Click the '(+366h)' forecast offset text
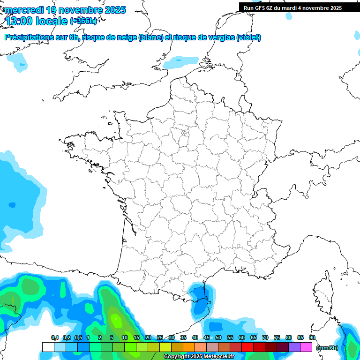tap(83, 21)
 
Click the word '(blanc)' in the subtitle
tap(150, 37)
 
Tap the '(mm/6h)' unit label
tap(327, 347)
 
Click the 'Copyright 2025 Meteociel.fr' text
tap(199, 357)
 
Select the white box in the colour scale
tap(48, 347)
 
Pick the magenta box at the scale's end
tap(306, 347)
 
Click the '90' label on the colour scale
tap(312, 337)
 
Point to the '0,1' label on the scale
tap(54, 337)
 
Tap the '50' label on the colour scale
tap(218, 337)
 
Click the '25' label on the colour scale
tap(160, 337)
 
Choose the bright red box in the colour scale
tap(247, 347)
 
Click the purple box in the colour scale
tap(294, 347)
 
